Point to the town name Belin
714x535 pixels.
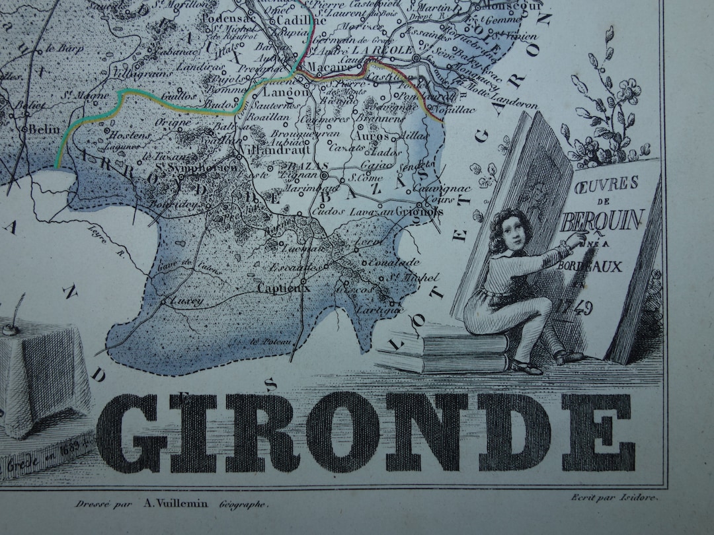click(x=44, y=129)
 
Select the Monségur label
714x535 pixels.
click(x=510, y=6)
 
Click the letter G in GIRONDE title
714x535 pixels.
click(x=132, y=433)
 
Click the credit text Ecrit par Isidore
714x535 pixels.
click(x=615, y=498)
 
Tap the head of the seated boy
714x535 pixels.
click(x=510, y=229)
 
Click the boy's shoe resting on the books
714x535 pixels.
click(x=527, y=367)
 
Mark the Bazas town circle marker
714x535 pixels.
click(x=325, y=177)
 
